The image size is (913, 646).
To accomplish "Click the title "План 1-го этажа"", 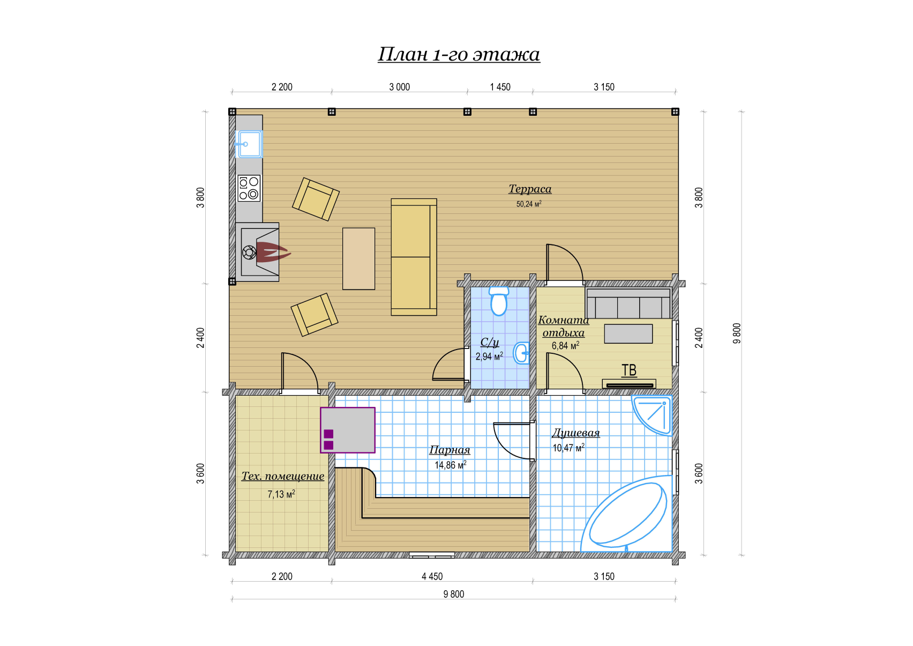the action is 459,54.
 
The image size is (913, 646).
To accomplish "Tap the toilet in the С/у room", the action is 499,301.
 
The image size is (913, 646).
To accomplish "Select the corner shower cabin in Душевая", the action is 652,415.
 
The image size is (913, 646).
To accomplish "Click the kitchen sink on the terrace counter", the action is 249,144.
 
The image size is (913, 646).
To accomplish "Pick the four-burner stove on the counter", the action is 249,188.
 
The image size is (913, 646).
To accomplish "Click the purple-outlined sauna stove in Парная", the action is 348,430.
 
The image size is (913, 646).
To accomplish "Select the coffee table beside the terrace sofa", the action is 358,258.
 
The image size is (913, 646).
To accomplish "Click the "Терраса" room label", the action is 530,189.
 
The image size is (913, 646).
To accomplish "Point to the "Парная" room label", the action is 450,450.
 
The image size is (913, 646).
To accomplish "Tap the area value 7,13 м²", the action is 281,494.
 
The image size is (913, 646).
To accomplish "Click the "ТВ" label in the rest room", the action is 629,370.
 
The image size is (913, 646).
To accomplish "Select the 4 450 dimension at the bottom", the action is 432,576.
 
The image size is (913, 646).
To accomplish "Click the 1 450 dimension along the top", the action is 500,87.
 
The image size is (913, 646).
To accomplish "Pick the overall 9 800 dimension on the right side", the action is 737,333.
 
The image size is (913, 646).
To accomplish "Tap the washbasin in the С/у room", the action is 521,353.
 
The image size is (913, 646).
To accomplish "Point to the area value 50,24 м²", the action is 529,204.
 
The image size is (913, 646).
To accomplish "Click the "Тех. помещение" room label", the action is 283,477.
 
